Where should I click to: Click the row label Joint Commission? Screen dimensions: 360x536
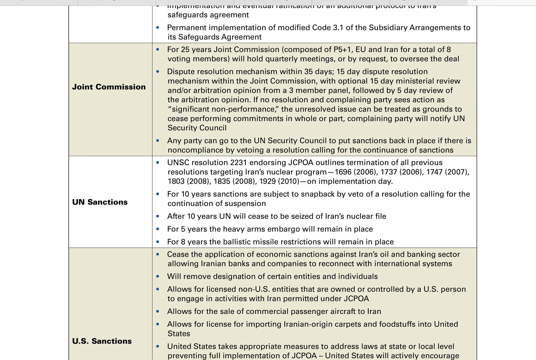[109, 87]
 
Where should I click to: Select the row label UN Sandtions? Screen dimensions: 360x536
[100, 202]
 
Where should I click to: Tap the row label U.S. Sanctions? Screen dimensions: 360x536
[102, 341]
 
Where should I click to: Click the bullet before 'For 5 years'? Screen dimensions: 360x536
[158, 229]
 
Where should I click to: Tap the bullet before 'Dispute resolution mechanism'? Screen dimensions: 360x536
[158, 72]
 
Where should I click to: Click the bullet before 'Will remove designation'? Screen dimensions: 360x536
[158, 277]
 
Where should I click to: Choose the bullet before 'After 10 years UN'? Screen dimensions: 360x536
[158, 216]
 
